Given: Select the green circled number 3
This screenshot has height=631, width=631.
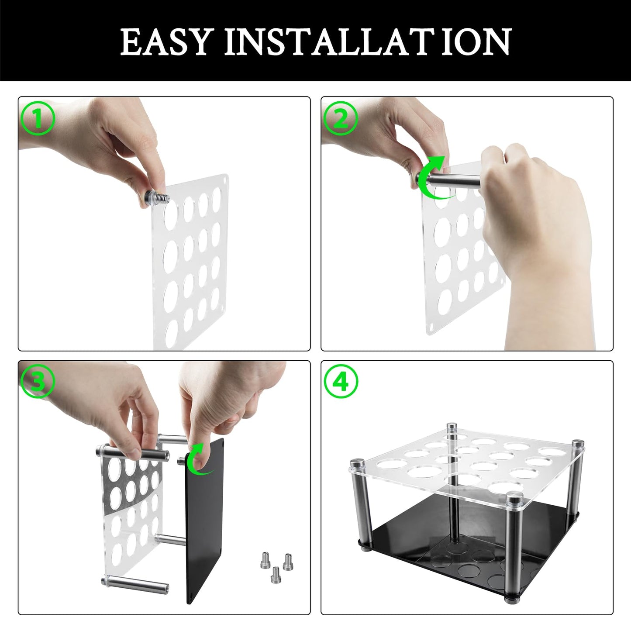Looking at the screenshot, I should coord(38,382).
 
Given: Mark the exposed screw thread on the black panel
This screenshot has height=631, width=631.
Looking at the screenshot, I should coord(181,459).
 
